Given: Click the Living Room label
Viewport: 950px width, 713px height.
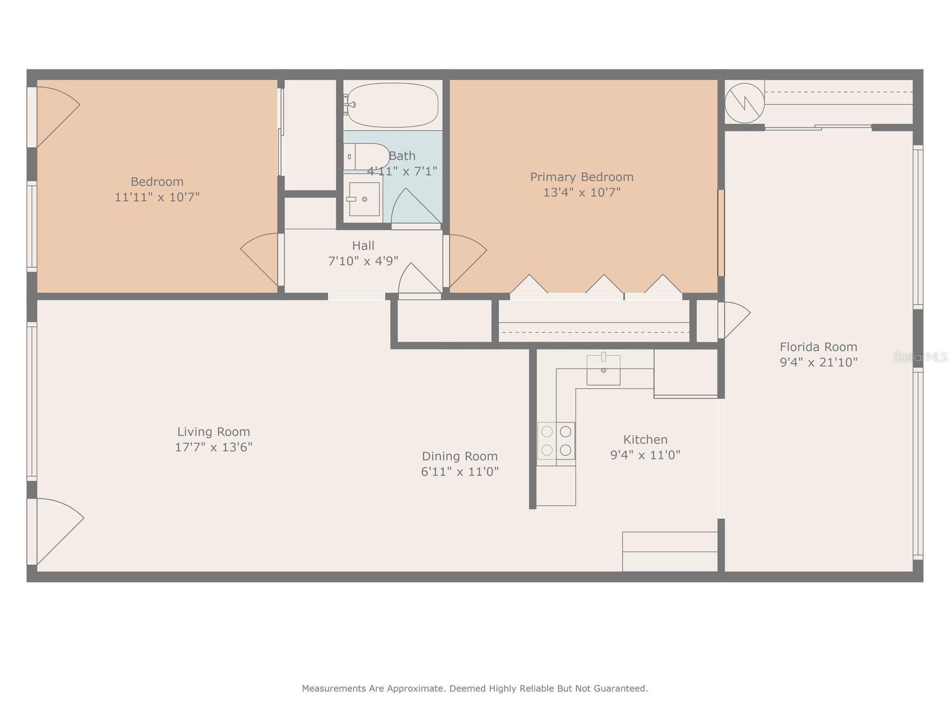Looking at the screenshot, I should click(x=213, y=432).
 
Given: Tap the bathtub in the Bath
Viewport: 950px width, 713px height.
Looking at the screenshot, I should click(x=392, y=105).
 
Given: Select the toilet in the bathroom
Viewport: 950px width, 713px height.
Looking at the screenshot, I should click(x=365, y=156).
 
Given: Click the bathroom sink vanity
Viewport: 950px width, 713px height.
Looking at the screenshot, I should click(x=363, y=199).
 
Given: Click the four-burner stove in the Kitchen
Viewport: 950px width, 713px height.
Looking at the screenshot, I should click(x=556, y=441).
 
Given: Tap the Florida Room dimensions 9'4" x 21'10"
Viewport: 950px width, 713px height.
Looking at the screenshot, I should click(x=818, y=362).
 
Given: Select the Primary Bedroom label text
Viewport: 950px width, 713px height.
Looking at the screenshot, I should click(x=581, y=177).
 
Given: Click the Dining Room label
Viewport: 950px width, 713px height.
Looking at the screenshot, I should click(x=460, y=456).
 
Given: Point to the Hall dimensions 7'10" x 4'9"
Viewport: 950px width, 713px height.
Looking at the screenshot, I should click(x=363, y=261).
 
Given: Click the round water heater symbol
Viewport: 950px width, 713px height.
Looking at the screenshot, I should click(x=744, y=103).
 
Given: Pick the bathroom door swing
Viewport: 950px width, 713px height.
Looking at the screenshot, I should click(x=416, y=207).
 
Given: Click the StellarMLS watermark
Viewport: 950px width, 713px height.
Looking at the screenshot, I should click(x=920, y=357).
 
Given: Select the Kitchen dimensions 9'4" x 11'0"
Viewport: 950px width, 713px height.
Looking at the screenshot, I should click(x=645, y=455).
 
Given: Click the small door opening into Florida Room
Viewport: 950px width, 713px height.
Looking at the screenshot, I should click(x=735, y=319).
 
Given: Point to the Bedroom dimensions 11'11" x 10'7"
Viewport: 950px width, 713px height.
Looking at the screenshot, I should click(x=157, y=197).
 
